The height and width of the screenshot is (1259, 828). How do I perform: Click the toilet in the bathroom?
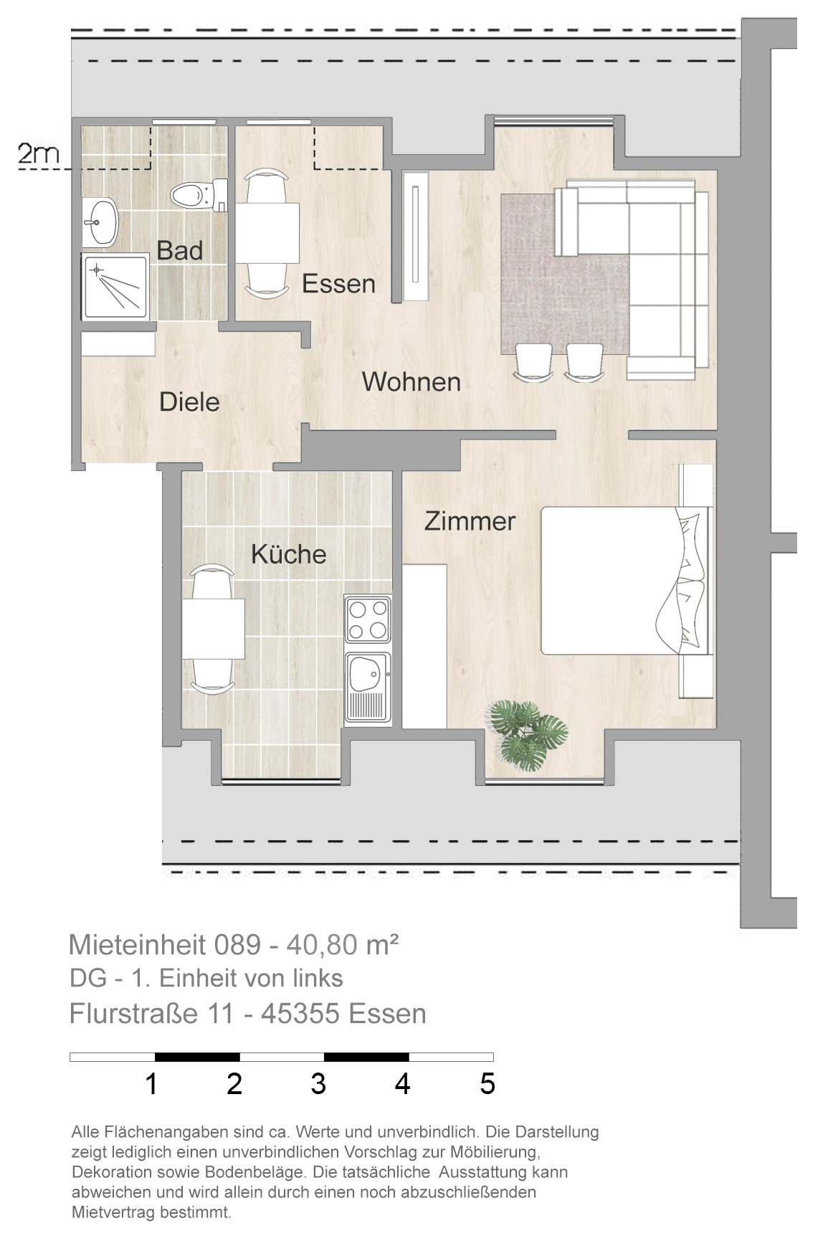[x=199, y=194]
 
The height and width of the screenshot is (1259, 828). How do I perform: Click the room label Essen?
[x=338, y=284]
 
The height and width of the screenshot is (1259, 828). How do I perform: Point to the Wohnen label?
[x=411, y=382]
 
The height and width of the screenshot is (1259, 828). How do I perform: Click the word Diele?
[x=189, y=402]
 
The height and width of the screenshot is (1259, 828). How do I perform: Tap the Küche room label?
[x=288, y=554]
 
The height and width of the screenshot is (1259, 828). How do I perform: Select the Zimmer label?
[x=470, y=521]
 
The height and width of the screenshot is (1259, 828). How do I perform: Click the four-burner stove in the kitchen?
[x=368, y=619]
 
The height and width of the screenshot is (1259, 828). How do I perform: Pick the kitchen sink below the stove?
[x=368, y=687]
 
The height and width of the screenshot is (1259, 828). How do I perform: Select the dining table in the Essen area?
[x=267, y=233]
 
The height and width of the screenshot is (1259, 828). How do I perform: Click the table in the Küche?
[x=213, y=629]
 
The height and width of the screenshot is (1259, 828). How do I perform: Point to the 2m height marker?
[x=39, y=153]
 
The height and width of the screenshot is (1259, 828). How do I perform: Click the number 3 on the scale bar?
[x=318, y=1084]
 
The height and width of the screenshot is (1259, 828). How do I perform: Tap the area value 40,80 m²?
[x=343, y=945]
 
